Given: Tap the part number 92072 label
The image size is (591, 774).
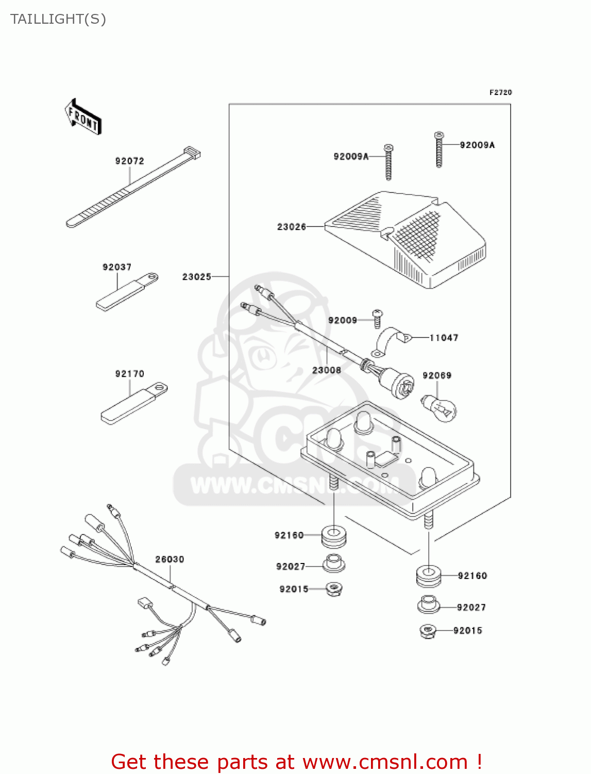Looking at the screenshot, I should tap(129, 161).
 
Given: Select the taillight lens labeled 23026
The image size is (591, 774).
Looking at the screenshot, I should tap(407, 237).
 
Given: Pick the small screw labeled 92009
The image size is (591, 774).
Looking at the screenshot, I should tap(378, 318).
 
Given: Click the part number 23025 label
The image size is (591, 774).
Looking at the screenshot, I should tap(196, 277).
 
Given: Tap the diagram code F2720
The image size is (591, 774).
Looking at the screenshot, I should tap(500, 92).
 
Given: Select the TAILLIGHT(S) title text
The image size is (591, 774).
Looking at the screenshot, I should tap(58, 19).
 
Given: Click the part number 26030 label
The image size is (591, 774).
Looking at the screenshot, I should tap(170, 559).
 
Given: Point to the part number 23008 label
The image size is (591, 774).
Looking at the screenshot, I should tap(326, 370).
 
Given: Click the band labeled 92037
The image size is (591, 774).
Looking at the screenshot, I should tap(127, 292).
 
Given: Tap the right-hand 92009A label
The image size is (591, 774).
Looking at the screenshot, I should tap(477, 145).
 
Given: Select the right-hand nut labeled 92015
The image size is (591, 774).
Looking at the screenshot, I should tap(428, 630).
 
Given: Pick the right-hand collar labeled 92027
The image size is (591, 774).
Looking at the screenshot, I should tap(428, 605).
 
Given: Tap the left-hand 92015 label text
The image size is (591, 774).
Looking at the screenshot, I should tap(294, 589).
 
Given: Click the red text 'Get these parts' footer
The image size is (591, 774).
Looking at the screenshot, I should tap(296, 762).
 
